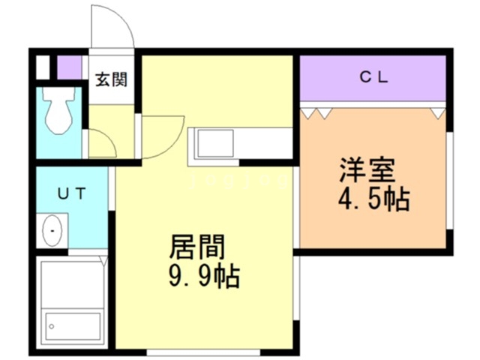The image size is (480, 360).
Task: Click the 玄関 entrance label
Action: click(x=111, y=79)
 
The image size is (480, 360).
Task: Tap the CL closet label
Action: click(x=373, y=77)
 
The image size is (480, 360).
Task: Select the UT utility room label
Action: click(x=72, y=193)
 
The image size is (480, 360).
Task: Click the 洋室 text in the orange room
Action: click(x=367, y=170)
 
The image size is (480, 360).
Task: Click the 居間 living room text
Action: click(x=197, y=247)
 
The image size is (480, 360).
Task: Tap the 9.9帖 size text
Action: click(x=204, y=276)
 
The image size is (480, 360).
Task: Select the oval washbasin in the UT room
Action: click(x=52, y=230)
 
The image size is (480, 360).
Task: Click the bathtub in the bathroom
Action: click(x=73, y=326)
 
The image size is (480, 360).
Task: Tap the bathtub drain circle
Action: click(x=52, y=326)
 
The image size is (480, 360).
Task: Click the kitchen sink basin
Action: click(x=215, y=143)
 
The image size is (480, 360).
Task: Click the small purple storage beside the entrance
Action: click(x=70, y=67)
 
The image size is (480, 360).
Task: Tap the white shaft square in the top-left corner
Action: click(x=43, y=67)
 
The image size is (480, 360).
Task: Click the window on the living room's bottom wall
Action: click(x=203, y=352)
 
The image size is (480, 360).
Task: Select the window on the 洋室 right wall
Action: click(x=449, y=181)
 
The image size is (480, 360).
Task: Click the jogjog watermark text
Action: click(x=238, y=181)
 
